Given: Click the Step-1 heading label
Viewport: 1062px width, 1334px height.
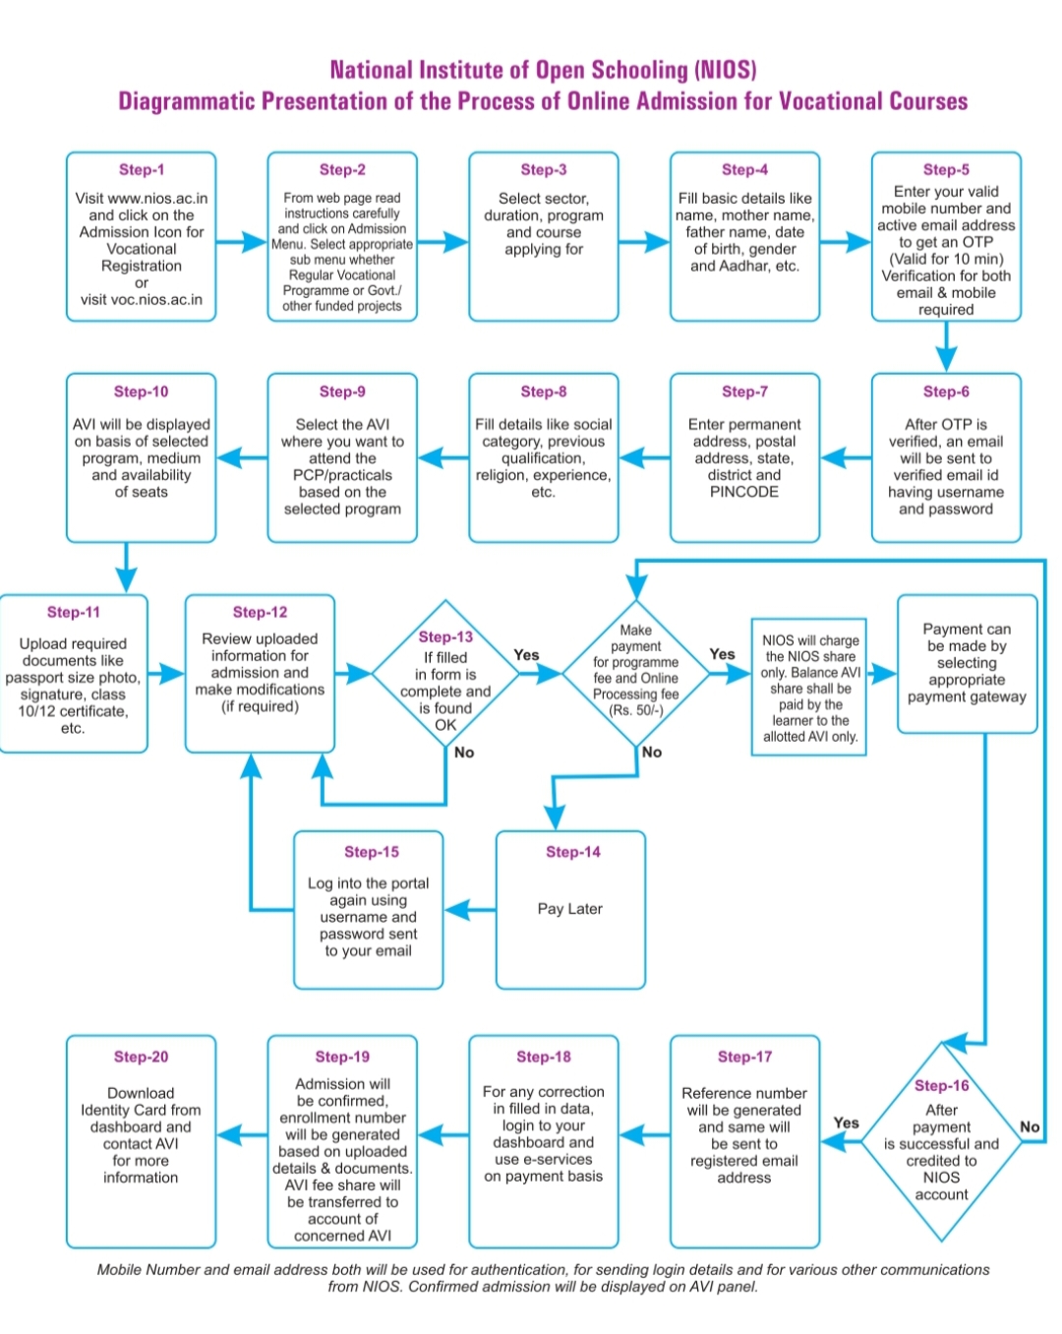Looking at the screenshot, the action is [142, 169].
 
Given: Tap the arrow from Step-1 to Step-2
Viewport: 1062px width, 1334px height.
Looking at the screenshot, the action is [241, 242].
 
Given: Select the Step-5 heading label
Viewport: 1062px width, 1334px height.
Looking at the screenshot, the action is [946, 169].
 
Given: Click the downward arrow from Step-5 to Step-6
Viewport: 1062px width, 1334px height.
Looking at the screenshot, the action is [946, 346].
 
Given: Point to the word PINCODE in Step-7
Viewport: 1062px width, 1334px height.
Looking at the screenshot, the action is [743, 492].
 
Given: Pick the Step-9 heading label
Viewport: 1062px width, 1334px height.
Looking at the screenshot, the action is [342, 392].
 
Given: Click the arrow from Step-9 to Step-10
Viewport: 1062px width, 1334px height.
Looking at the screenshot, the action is [242, 458].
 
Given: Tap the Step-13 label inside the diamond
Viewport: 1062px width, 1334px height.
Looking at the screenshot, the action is [444, 637].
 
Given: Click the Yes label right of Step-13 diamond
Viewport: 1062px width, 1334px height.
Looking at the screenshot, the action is [526, 654].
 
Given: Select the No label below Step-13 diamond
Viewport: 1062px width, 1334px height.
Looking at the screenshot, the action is [463, 752].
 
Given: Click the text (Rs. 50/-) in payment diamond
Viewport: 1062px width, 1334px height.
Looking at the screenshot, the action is [635, 709].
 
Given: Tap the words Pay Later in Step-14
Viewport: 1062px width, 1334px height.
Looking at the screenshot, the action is [569, 909].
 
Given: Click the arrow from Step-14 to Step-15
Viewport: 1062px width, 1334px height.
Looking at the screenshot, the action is [470, 910].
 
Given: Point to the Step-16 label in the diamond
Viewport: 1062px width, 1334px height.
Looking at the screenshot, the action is [941, 1085].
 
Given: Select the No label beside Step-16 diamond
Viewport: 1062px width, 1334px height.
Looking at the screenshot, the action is [1030, 1126].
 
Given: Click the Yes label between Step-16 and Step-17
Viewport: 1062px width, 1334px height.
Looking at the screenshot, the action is [846, 1122].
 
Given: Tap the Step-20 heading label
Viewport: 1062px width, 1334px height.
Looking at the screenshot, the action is [141, 1057].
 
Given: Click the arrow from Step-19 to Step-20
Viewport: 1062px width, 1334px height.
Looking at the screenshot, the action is [242, 1135].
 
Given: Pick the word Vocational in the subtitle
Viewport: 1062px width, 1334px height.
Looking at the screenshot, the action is [830, 100].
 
